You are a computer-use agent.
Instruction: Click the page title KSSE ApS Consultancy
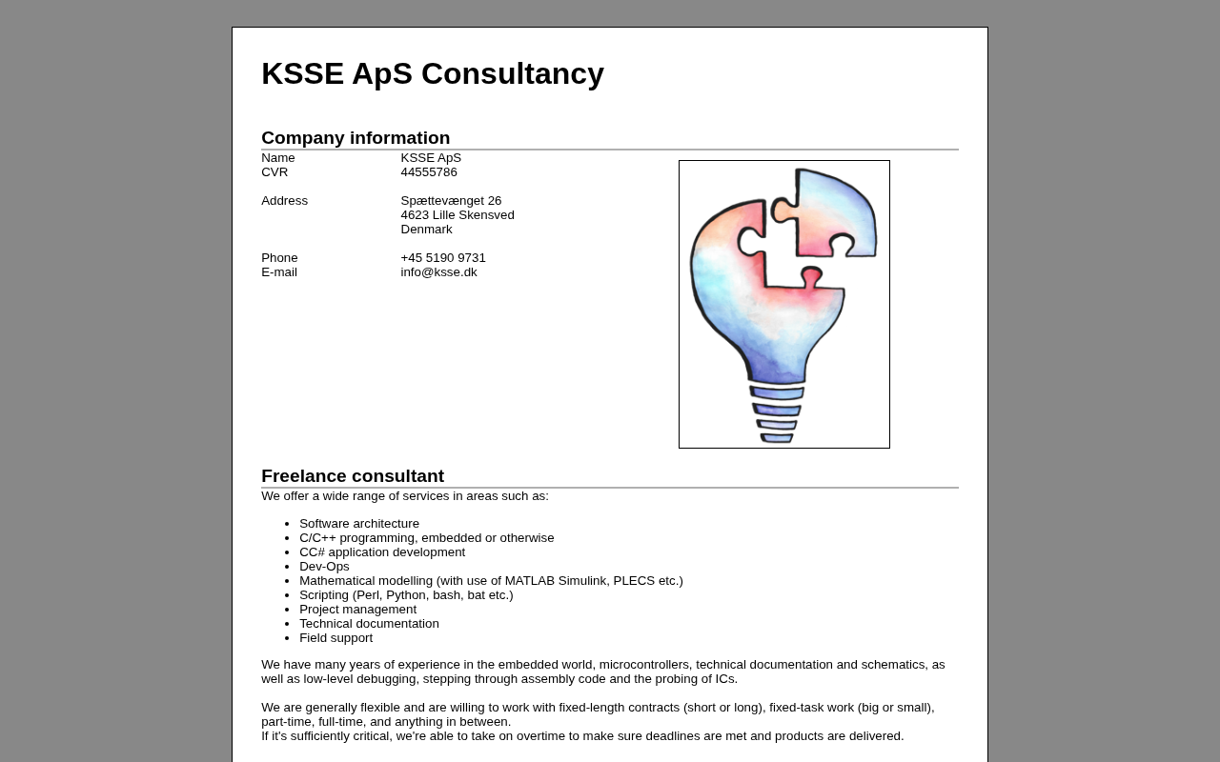tap(432, 74)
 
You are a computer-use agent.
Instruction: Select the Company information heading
tap(356, 138)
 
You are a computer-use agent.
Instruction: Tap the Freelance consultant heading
tap(353, 476)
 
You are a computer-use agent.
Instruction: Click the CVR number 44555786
tap(429, 172)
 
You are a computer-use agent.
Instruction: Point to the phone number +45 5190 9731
tap(443, 258)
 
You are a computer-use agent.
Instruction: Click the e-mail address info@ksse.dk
tap(438, 272)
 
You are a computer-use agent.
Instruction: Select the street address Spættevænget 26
tap(451, 201)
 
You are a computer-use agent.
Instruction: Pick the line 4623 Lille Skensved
tap(457, 215)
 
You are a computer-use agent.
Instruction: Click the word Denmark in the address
tap(426, 230)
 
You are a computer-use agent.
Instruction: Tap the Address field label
tap(284, 201)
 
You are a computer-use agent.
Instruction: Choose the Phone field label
tap(279, 258)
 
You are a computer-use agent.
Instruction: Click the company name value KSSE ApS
tap(431, 158)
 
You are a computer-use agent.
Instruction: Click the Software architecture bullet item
tap(359, 524)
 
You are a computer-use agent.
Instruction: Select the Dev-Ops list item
tap(324, 567)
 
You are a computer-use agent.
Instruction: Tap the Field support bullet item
tap(335, 638)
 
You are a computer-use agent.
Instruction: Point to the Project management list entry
tap(357, 610)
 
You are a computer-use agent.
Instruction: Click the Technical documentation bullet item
tap(369, 624)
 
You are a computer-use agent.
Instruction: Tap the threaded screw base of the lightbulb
tap(777, 414)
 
